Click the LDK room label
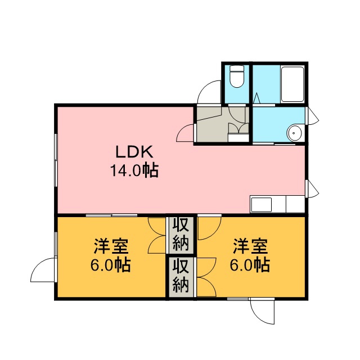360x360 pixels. [134, 152]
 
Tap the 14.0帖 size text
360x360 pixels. [134, 170]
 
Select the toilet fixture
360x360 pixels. [237, 76]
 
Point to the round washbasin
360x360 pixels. [294, 133]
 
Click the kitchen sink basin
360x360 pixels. [261, 205]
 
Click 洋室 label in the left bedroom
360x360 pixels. [111, 247]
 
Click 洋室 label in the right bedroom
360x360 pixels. [250, 247]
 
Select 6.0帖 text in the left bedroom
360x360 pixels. [111, 265]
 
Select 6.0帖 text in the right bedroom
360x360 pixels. [250, 265]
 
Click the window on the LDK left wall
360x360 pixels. [56, 160]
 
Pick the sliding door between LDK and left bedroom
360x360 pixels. [111, 215]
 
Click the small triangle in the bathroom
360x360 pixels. [257, 98]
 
